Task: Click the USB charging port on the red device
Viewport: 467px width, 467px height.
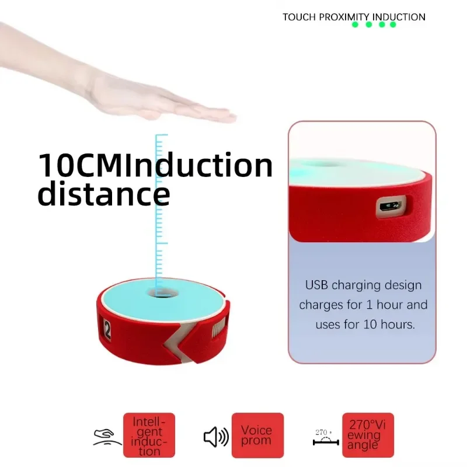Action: tap(391, 206)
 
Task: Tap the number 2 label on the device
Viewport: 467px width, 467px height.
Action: tap(107, 330)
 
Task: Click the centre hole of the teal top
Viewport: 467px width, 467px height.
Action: tap(163, 294)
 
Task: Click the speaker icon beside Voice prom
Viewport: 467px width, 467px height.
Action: tap(216, 437)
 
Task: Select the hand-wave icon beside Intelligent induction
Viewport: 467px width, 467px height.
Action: tap(107, 437)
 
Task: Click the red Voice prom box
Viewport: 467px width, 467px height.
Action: tap(257, 435)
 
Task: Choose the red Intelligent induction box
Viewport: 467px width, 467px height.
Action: tap(149, 435)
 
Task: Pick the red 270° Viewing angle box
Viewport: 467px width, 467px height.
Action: tap(368, 435)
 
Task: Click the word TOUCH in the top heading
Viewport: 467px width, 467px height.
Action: tap(299, 18)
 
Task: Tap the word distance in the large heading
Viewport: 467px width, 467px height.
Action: tap(104, 193)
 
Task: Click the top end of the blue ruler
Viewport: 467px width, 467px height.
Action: tap(162, 135)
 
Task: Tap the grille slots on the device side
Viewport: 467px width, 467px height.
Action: tap(218, 327)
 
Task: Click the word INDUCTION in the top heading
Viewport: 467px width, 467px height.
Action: tap(399, 18)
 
